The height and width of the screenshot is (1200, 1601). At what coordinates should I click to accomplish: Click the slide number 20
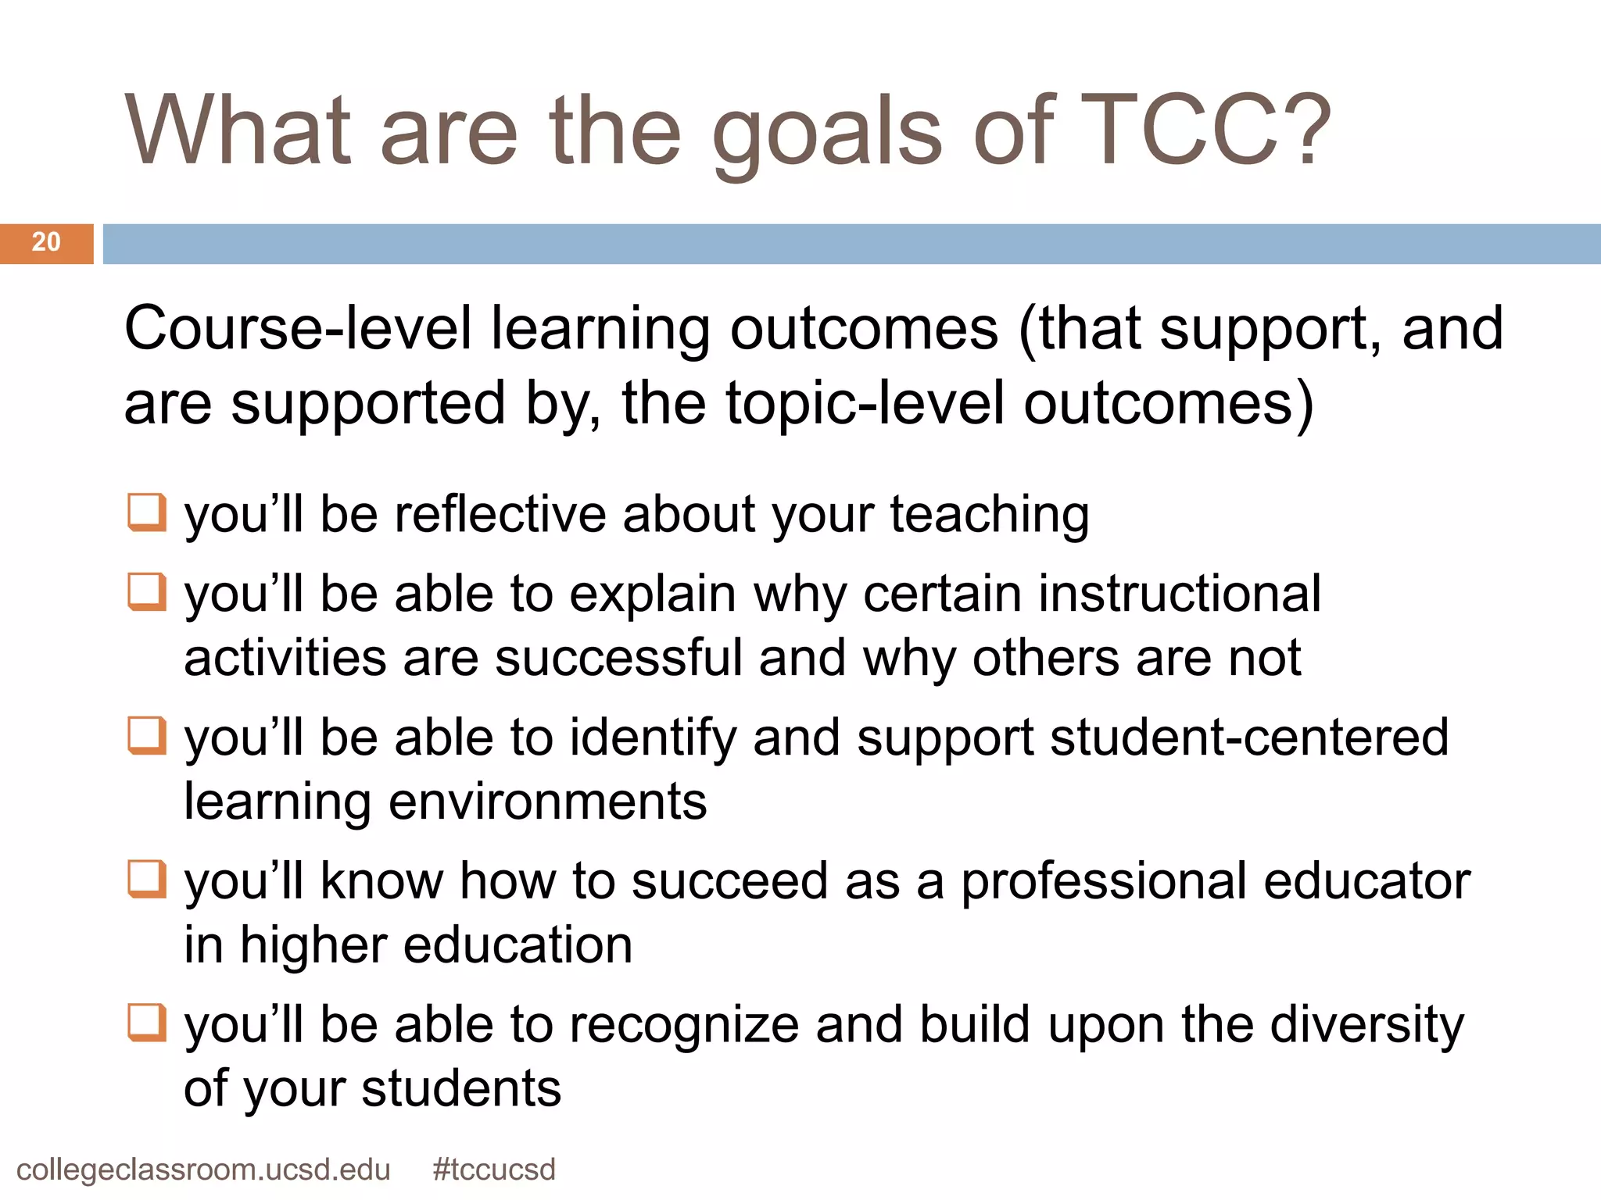pos(46,243)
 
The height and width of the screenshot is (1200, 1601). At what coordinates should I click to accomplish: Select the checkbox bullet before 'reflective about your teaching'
pos(147,512)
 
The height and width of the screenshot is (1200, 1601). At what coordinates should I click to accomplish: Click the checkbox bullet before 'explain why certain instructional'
pos(147,592)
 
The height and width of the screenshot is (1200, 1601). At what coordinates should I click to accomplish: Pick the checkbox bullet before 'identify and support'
pos(147,736)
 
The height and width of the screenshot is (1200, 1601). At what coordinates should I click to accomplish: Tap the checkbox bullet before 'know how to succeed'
pos(147,880)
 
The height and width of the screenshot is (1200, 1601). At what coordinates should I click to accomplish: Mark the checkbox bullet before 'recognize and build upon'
pos(147,1023)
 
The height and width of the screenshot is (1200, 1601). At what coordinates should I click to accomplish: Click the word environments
pos(547,802)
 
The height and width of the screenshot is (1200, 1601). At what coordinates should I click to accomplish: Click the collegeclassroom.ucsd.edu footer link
pos(203,1170)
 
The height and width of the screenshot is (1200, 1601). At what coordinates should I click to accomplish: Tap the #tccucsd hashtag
pos(494,1170)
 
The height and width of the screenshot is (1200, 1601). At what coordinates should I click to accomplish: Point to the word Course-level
pos(298,329)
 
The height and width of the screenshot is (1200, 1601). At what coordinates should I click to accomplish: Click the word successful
pos(618,659)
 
